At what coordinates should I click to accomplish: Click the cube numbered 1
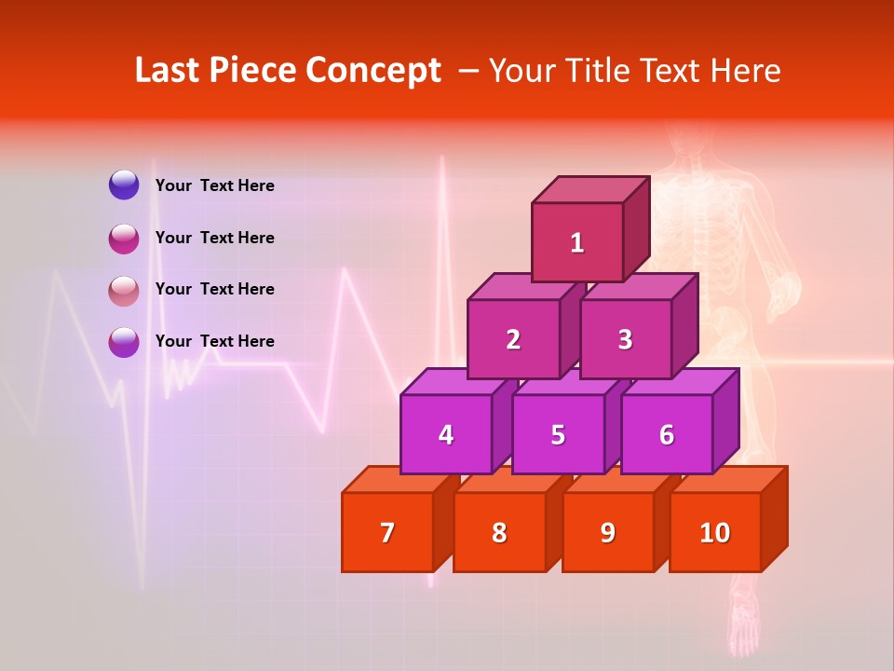(577, 242)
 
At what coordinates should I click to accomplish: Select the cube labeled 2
(513, 339)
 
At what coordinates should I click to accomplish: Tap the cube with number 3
(625, 339)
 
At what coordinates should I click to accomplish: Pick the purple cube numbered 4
(446, 434)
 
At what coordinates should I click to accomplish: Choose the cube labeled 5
(558, 434)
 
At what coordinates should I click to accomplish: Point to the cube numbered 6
(667, 434)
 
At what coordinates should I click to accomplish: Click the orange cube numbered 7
(387, 532)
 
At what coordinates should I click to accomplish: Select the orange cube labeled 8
(499, 532)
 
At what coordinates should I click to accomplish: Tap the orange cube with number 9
(608, 532)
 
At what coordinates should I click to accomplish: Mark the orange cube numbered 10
(715, 532)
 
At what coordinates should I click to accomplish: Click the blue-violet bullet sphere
(124, 185)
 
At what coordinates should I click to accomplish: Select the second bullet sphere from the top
(124, 238)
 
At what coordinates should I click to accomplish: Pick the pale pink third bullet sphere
(124, 290)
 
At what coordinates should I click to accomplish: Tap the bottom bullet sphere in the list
(124, 342)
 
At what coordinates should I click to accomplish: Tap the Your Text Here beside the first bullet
(215, 185)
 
